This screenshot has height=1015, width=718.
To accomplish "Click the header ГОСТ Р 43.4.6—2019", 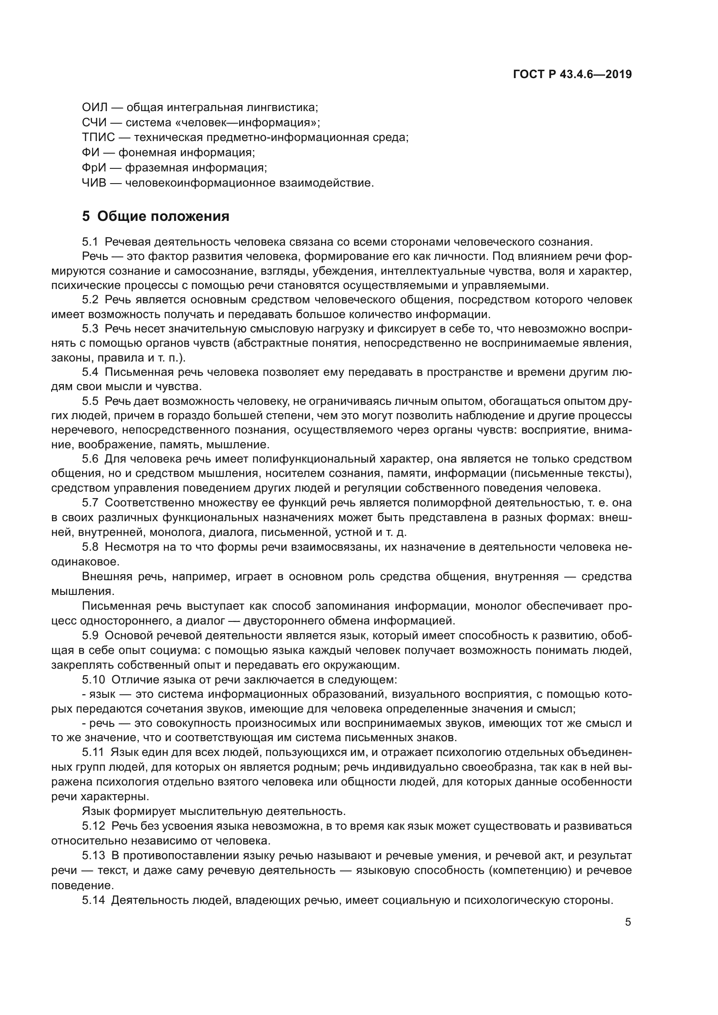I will pos(572,74).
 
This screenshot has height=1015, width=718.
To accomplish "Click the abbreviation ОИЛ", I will pos(95,108).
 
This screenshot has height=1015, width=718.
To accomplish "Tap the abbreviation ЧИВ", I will pos(94,183).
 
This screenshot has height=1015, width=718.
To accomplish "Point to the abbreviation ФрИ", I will pos(94,168).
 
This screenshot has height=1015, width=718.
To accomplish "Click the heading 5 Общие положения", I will pos(156,216).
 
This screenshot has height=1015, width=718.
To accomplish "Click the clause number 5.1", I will pos(90,242).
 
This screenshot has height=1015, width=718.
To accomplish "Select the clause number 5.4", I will pos(90,372).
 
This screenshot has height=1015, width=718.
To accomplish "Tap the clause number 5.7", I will pos(90,503).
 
